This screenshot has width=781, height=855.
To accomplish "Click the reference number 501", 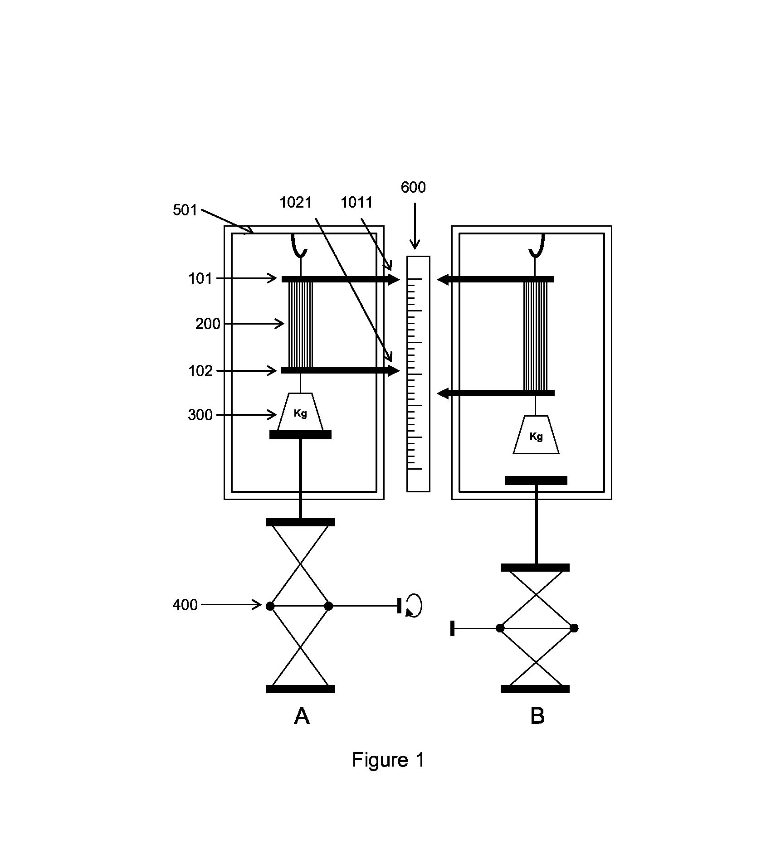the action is pyautogui.click(x=185, y=210).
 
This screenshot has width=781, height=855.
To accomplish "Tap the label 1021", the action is pyautogui.click(x=296, y=202).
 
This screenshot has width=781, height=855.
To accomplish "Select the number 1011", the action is pyautogui.click(x=357, y=202).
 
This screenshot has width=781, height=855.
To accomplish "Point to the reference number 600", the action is pyautogui.click(x=413, y=187).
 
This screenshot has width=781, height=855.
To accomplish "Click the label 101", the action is pyautogui.click(x=200, y=278).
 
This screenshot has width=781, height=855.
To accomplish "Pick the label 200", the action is pyautogui.click(x=208, y=324).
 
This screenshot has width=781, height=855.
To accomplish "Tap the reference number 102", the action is pyautogui.click(x=200, y=371).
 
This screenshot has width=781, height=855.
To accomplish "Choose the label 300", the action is pyautogui.click(x=200, y=415).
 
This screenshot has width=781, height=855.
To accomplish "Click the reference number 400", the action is pyautogui.click(x=185, y=605).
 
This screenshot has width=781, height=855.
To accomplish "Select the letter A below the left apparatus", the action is pyautogui.click(x=302, y=717).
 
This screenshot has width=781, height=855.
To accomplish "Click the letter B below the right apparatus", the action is pyautogui.click(x=537, y=717).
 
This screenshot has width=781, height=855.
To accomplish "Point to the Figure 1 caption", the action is pyautogui.click(x=388, y=760).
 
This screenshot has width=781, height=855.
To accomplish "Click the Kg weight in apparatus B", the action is pyautogui.click(x=536, y=435).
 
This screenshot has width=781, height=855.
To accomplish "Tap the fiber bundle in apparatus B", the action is pyautogui.click(x=536, y=335).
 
